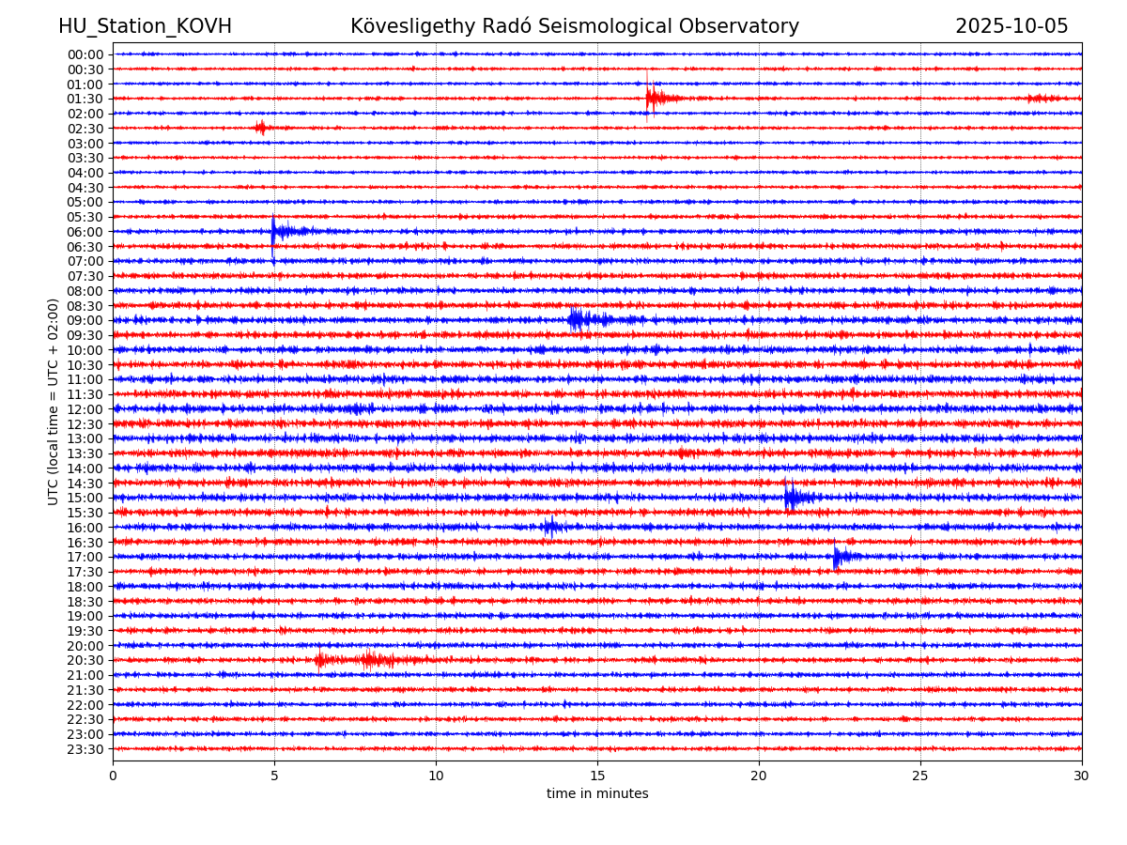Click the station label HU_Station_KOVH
[145, 26]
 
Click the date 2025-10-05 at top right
[1011, 26]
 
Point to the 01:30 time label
[85, 99]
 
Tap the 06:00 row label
[85, 232]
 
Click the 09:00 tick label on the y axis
[85, 320]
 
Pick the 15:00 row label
[85, 498]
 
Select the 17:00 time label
[85, 557]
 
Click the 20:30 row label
[85, 660]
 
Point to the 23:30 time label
[85, 749]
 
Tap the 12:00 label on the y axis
[85, 409]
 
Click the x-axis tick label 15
[597, 776]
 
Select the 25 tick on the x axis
[920, 776]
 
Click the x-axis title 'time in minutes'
[597, 794]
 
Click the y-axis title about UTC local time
[54, 401]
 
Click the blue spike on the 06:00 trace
[274, 231]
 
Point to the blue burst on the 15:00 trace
[792, 497]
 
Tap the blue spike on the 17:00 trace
[837, 556]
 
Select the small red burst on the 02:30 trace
[260, 128]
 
